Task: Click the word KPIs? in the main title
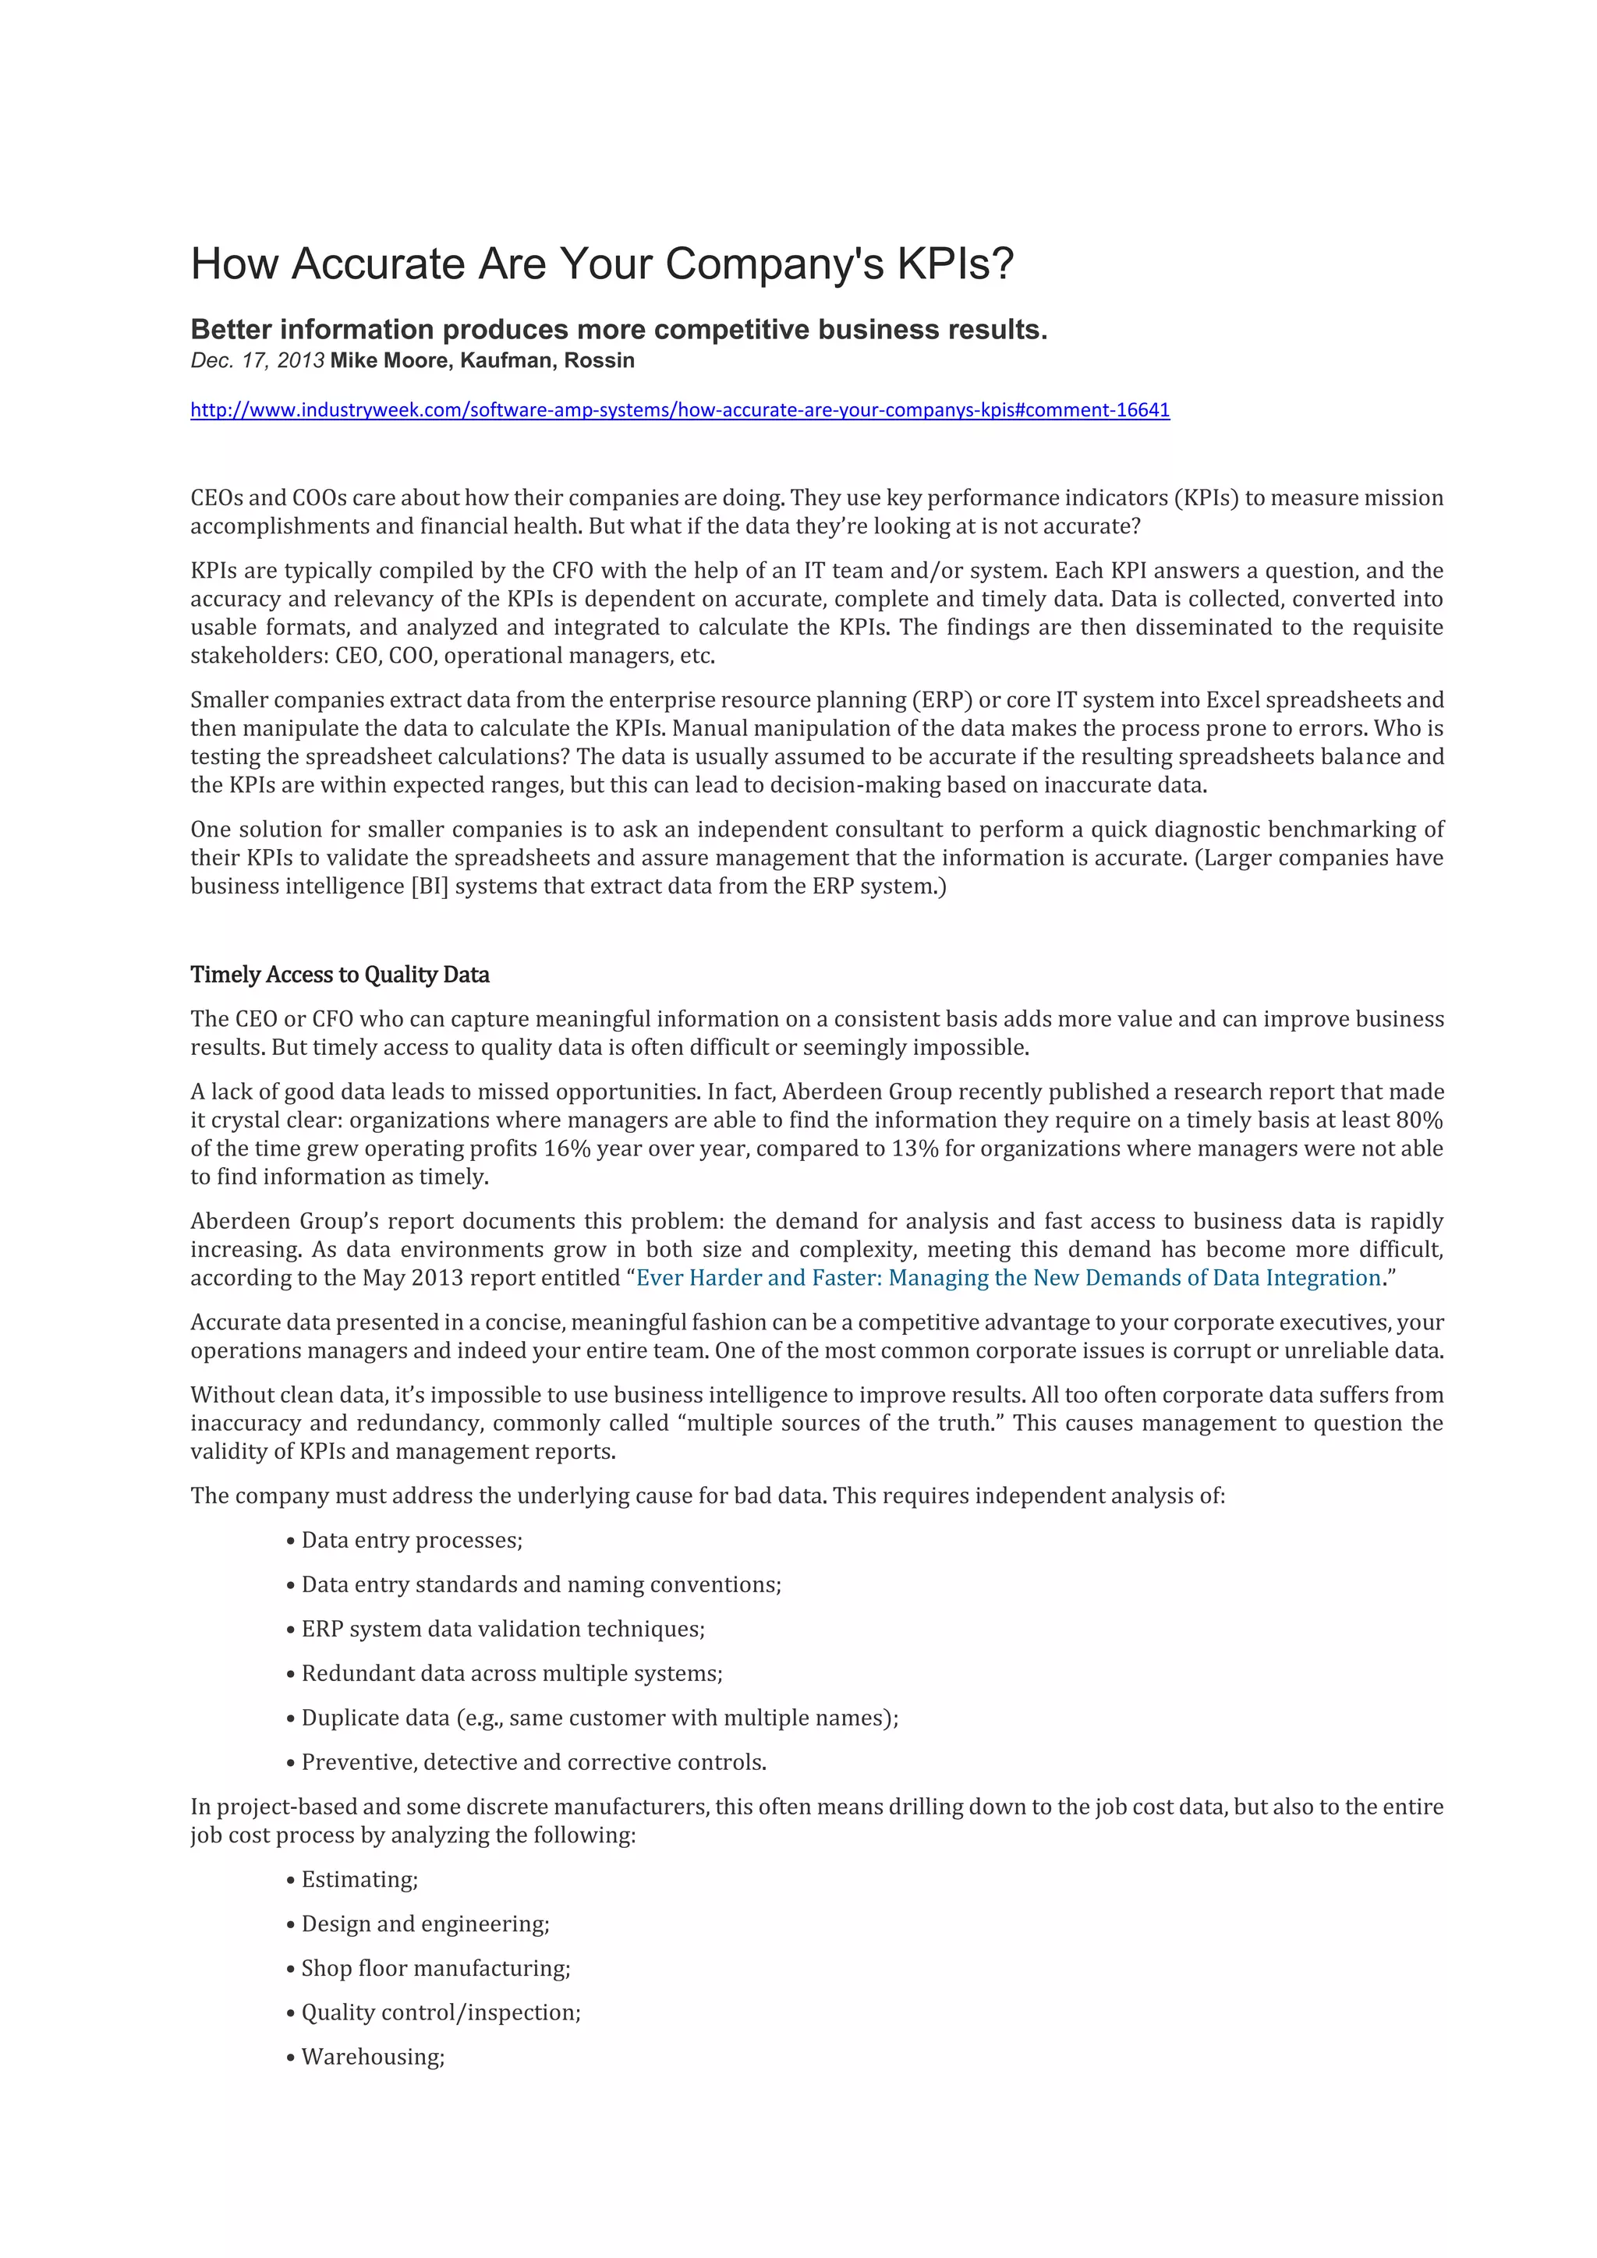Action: tap(954, 264)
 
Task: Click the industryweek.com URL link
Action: tap(679, 410)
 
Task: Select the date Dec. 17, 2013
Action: tap(257, 361)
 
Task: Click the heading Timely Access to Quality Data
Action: tap(339, 975)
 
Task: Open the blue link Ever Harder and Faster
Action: tap(1008, 1277)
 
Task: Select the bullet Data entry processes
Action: tap(411, 1540)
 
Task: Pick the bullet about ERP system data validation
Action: tap(502, 1629)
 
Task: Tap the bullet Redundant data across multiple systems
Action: tap(512, 1673)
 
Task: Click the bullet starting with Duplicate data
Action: tap(599, 1717)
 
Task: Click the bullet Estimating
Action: tap(359, 1879)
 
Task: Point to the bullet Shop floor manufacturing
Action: tap(434, 1968)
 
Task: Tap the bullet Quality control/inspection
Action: tap(441, 2012)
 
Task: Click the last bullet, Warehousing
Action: tap(373, 2056)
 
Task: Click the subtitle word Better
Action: tap(231, 330)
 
